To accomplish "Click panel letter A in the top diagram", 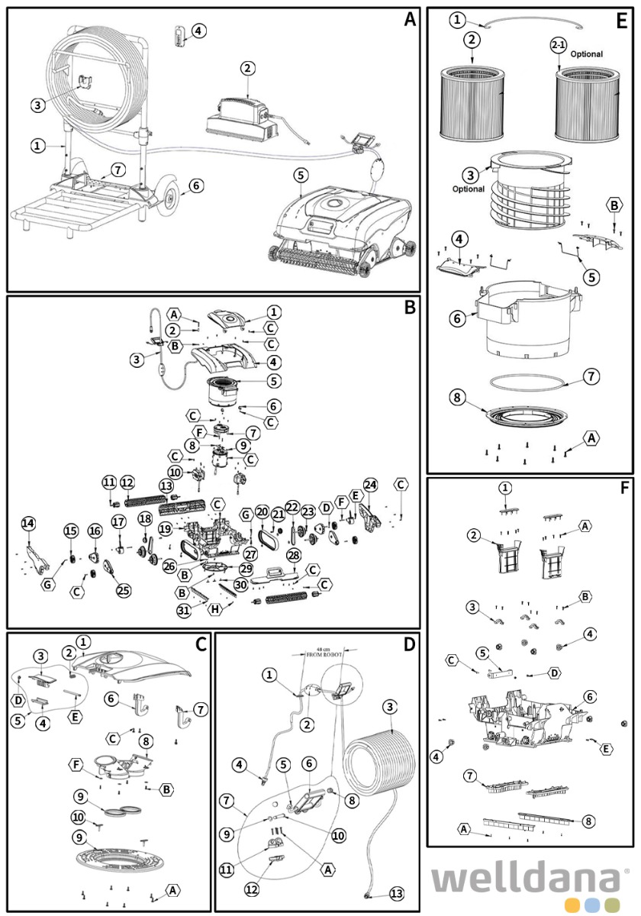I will [x=410, y=20].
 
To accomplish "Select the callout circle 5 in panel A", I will [x=301, y=175].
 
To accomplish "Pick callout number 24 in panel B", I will [x=370, y=485].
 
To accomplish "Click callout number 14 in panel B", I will [x=28, y=523].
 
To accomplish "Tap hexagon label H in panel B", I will [x=216, y=608].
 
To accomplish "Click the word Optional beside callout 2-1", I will [x=586, y=54].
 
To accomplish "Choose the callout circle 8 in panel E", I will [x=456, y=397].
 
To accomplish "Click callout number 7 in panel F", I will [x=470, y=776].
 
